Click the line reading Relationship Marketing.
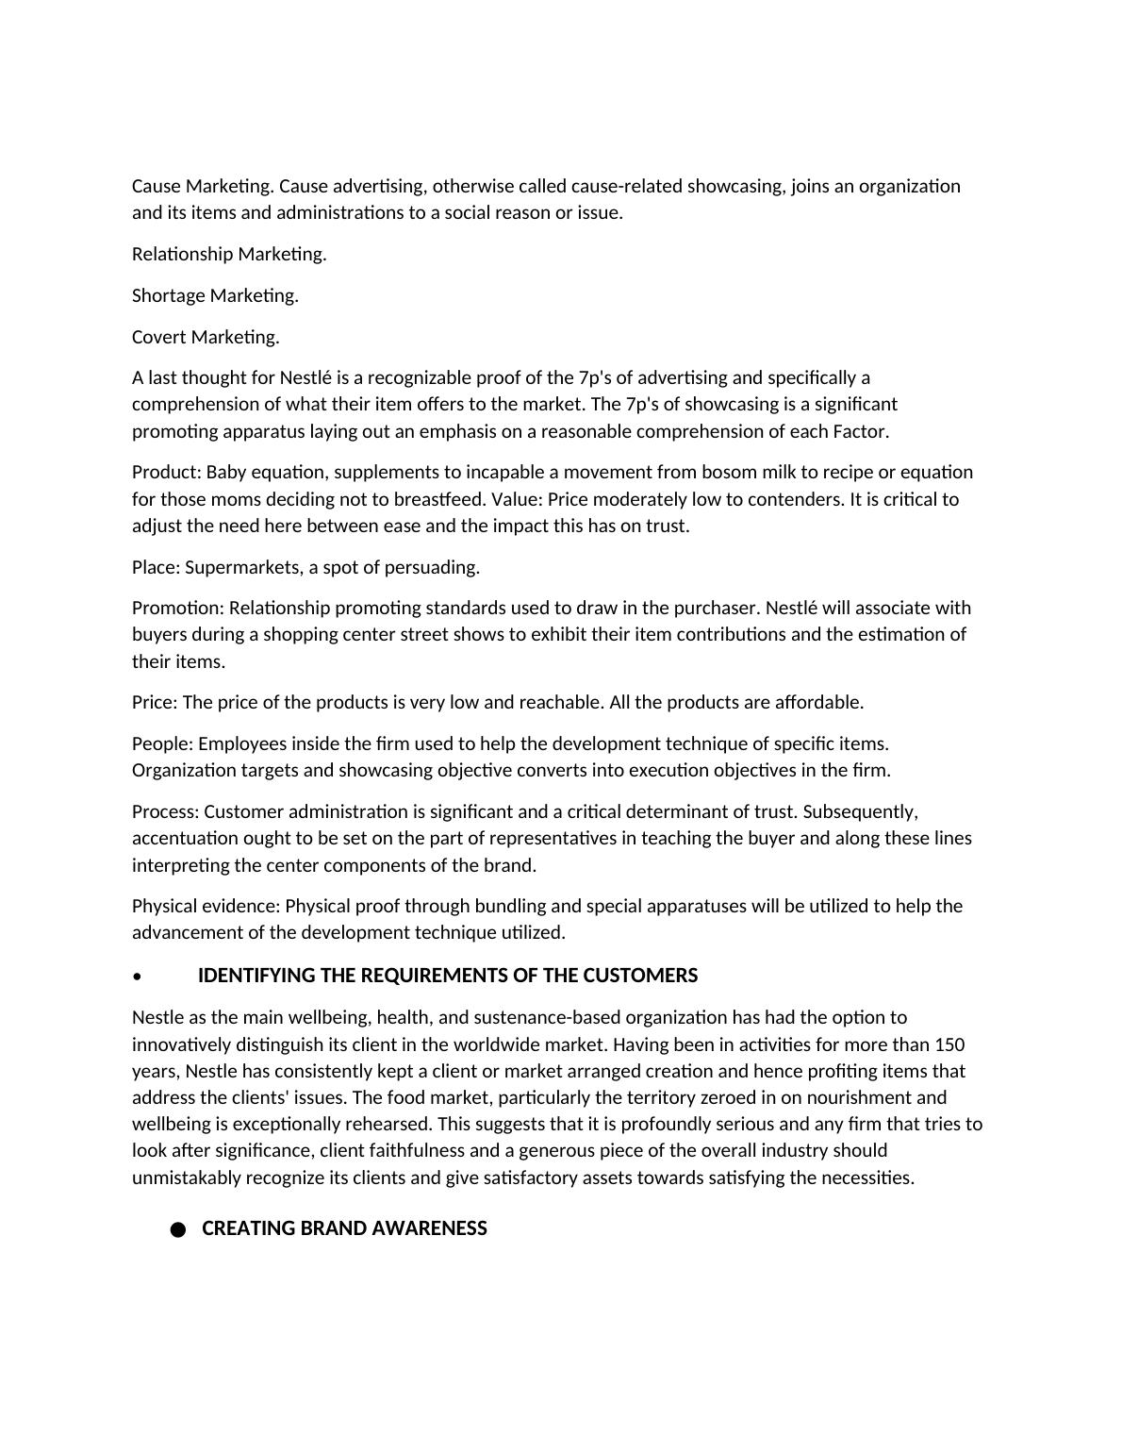click(229, 254)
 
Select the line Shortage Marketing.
click(215, 295)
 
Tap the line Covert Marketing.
click(206, 337)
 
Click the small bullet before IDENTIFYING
click(138, 977)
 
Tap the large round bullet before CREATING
click(178, 1229)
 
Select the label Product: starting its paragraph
click(167, 472)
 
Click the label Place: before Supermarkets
click(156, 567)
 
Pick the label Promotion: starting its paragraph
click(178, 608)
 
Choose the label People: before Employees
click(162, 743)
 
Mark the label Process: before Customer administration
click(165, 811)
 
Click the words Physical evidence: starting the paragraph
click(206, 906)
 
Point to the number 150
click(949, 1044)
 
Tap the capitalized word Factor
click(860, 431)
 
